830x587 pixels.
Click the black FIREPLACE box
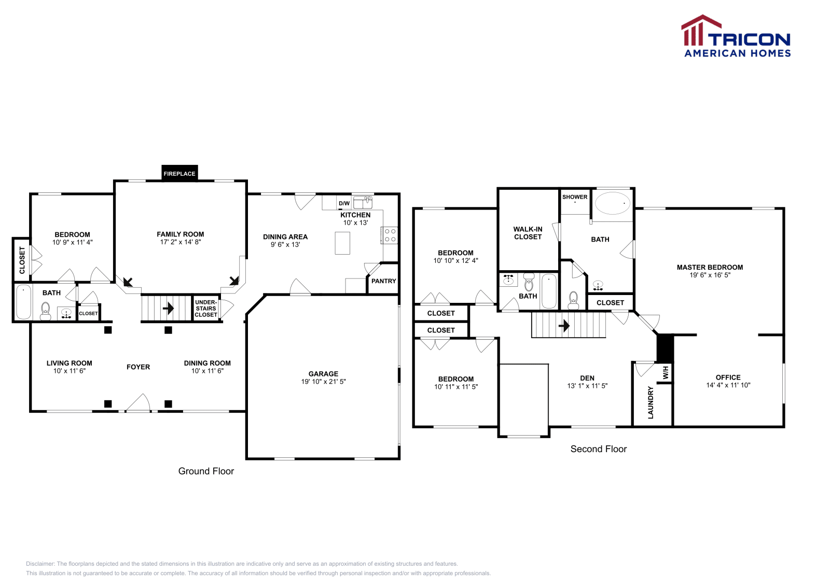[x=179, y=173]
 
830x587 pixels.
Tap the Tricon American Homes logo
[x=736, y=37]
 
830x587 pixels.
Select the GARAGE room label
[x=323, y=374]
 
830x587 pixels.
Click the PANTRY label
[x=383, y=281]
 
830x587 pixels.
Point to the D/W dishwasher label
[x=344, y=203]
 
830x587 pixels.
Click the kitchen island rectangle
[x=342, y=243]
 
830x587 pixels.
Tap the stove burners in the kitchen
[x=390, y=235]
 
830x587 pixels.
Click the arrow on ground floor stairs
[x=168, y=309]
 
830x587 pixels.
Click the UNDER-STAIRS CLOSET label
[x=206, y=309]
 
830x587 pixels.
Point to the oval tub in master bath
[x=613, y=203]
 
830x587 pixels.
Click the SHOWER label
[x=575, y=197]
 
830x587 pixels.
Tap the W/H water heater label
[x=666, y=372]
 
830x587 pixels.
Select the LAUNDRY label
[x=651, y=402]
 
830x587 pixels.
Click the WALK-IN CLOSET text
[x=528, y=233]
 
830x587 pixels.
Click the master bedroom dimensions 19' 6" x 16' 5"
[x=709, y=275]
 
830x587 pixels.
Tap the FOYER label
[x=138, y=367]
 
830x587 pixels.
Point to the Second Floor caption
[x=598, y=449]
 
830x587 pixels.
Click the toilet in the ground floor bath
[x=46, y=311]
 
